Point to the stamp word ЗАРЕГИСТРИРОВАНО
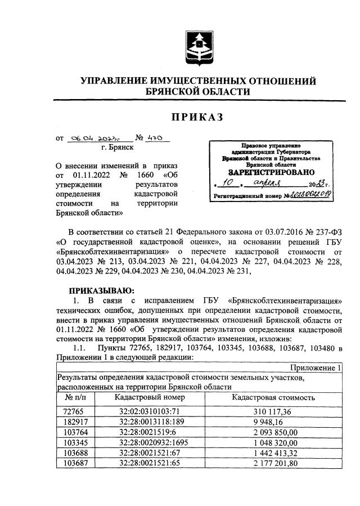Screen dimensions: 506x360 click(271, 172)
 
